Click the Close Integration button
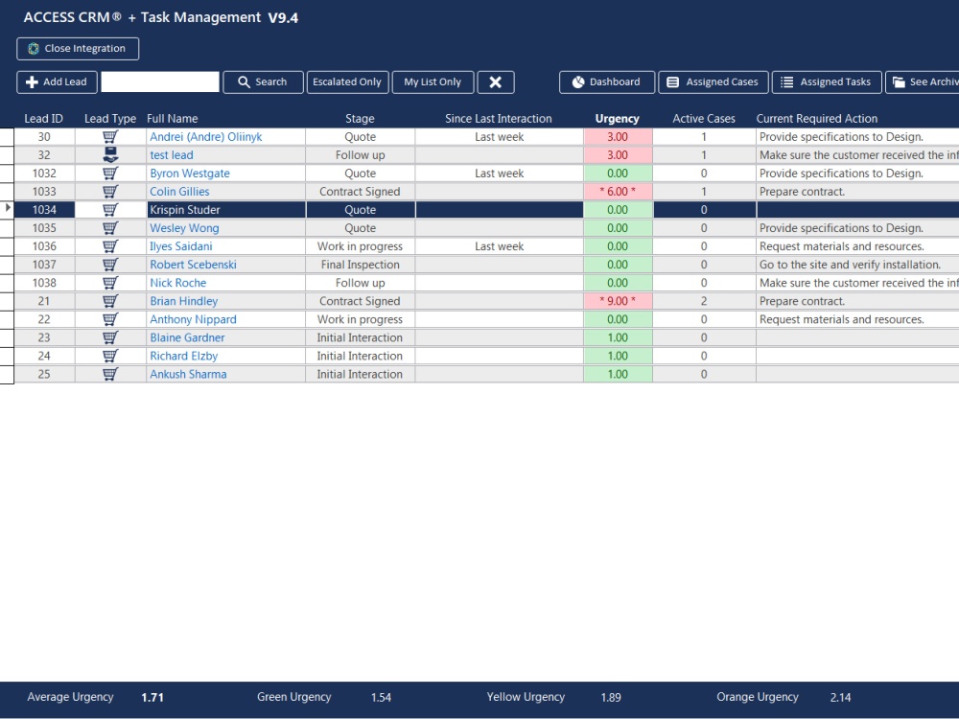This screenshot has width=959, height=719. pyautogui.click(x=78, y=49)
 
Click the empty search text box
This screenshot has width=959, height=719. pyautogui.click(x=160, y=82)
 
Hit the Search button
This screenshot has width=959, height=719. pyautogui.click(x=263, y=82)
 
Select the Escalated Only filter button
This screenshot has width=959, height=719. pyautogui.click(x=347, y=82)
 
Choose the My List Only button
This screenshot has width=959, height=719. pyautogui.click(x=433, y=82)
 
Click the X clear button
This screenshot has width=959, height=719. pyautogui.click(x=495, y=82)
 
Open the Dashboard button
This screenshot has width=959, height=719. pyautogui.click(x=606, y=82)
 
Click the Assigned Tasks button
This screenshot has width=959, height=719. pyautogui.click(x=826, y=82)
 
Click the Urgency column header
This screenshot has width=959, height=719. pyautogui.click(x=617, y=119)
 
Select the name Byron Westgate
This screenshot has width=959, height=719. pyautogui.click(x=190, y=174)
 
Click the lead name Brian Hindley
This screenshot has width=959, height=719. pyautogui.click(x=183, y=301)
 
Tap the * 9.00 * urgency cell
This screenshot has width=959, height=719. pyautogui.click(x=618, y=301)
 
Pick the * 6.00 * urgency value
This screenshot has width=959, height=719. pyautogui.click(x=618, y=192)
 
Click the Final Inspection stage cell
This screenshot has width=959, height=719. pyautogui.click(x=360, y=265)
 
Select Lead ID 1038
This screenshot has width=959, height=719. pyautogui.click(x=44, y=283)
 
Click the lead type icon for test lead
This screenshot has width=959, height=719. pyautogui.click(x=110, y=155)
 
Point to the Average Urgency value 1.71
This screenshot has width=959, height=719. pyautogui.click(x=152, y=698)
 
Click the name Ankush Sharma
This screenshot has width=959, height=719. pyautogui.click(x=188, y=374)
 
